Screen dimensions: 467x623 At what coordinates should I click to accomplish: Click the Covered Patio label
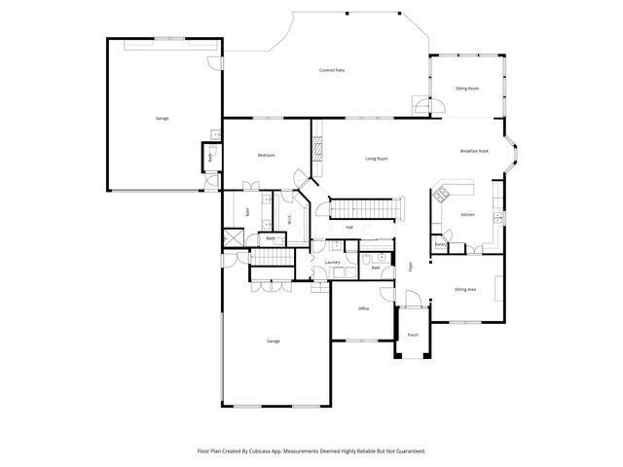click(x=333, y=70)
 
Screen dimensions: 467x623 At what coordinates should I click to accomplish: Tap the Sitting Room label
click(x=467, y=89)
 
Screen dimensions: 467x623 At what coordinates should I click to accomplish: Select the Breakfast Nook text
click(x=475, y=151)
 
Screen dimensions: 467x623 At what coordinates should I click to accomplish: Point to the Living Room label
click(x=377, y=159)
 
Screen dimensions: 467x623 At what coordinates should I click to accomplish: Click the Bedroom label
click(x=266, y=156)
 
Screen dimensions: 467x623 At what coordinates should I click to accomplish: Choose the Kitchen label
click(x=467, y=214)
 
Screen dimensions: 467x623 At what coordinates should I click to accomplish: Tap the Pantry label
click(x=440, y=244)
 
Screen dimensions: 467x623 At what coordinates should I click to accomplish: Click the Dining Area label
click(x=465, y=289)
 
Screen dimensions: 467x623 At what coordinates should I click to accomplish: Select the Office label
click(x=363, y=308)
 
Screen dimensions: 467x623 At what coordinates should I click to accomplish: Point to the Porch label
click(x=413, y=335)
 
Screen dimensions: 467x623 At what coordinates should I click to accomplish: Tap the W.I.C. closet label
click(x=290, y=220)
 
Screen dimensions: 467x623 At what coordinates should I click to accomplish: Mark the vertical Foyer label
click(x=411, y=266)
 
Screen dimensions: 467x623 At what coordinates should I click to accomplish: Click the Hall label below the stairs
click(x=348, y=227)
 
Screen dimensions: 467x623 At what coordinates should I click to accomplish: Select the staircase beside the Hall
click(x=366, y=207)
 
